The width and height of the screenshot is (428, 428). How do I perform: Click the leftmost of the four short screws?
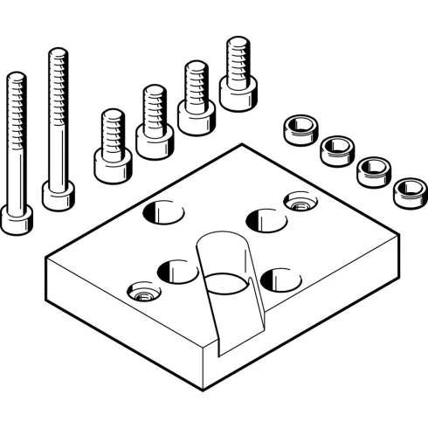click(x=112, y=162)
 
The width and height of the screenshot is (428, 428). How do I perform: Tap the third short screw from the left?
click(x=196, y=112)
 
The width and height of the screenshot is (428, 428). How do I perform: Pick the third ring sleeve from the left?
click(x=373, y=169)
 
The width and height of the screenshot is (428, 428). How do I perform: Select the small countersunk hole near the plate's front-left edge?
click(x=142, y=292)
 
